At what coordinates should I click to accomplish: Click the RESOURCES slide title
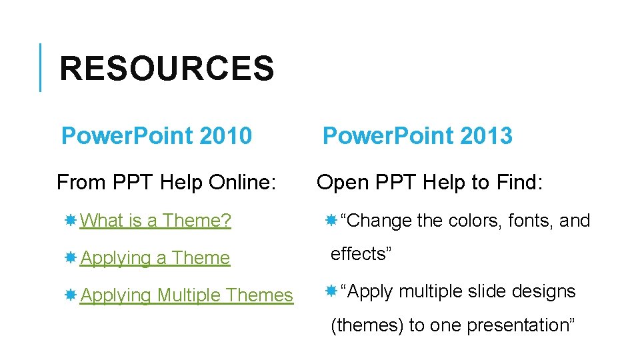(x=167, y=69)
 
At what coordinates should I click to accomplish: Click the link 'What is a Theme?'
(x=155, y=220)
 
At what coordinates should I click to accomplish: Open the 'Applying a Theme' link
(x=155, y=257)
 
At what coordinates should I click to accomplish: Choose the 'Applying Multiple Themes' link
(x=187, y=295)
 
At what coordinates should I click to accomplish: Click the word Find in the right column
(x=520, y=182)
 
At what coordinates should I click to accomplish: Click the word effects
(x=359, y=254)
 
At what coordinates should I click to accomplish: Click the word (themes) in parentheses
(x=367, y=325)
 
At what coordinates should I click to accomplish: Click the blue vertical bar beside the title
(x=40, y=67)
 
